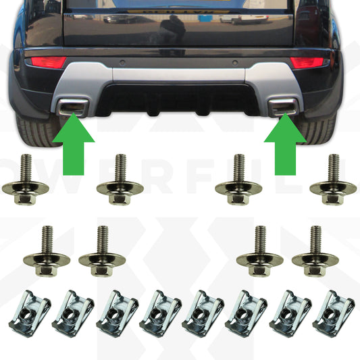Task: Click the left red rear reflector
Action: [x=46, y=62]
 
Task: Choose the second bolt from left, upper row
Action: [x=120, y=182]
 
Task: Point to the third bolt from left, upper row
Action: [x=238, y=182]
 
